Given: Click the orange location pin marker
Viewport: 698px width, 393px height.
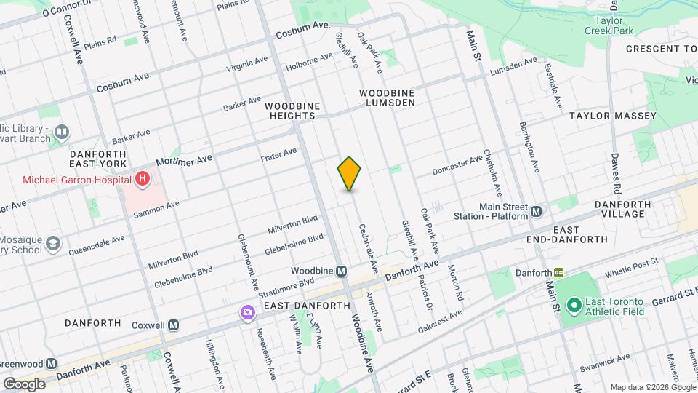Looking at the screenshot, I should pos(349,173).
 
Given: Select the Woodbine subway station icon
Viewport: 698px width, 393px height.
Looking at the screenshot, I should pos(341,271).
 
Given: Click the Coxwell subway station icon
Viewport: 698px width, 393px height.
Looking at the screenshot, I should pos(173,325).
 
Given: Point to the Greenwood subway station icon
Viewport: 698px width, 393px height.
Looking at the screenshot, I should pos(51,363).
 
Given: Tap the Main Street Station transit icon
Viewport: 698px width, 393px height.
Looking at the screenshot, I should pos(537,211).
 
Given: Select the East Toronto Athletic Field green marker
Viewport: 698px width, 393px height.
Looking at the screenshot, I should pos(573,305).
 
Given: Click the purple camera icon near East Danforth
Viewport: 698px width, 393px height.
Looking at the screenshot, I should pos(247,312).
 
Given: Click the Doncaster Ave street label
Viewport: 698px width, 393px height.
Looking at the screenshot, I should pos(457,164).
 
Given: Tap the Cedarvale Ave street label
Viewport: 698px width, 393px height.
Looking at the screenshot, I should pos(367,247).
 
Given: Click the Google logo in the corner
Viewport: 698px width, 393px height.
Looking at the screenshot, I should pos(24,384).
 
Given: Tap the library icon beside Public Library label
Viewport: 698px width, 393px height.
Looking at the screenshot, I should pos(63,132).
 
